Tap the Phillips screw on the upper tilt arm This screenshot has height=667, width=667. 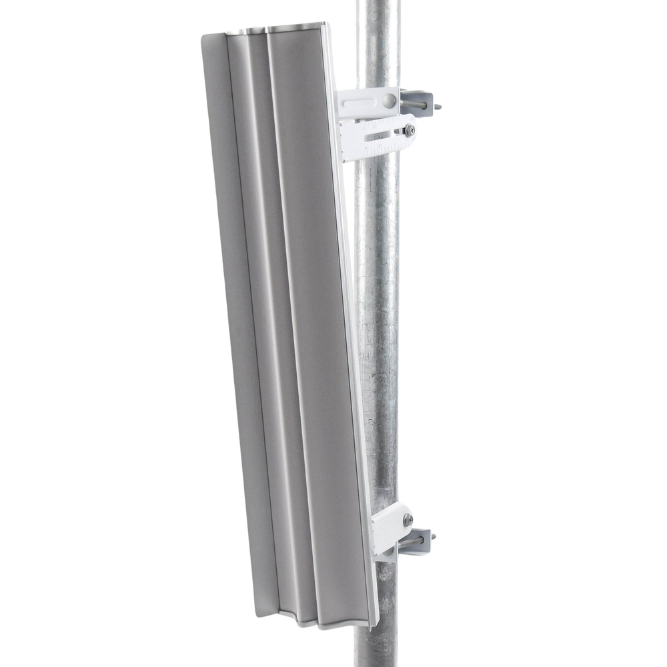[x=407, y=129]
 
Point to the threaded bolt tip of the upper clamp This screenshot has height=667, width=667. [x=442, y=105]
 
